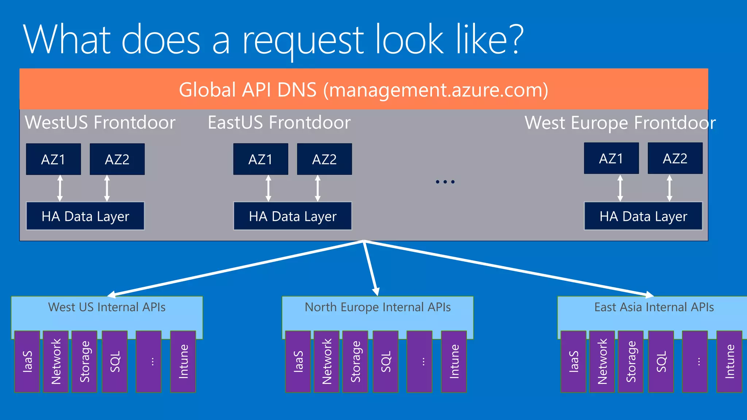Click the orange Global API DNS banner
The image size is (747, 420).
tap(363, 89)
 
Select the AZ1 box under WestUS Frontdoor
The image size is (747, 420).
tap(53, 159)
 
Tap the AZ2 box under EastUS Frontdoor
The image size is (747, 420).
tap(324, 159)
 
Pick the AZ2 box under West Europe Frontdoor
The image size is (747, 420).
tap(675, 159)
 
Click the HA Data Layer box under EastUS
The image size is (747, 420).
tap(293, 216)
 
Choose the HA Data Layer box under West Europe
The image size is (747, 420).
tap(643, 216)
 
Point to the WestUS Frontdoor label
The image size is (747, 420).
tap(100, 122)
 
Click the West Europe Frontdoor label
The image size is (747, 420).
tap(620, 123)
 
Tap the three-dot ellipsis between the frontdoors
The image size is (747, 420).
tap(445, 182)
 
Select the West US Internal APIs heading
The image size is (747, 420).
tap(107, 307)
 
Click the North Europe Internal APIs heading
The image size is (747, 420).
tap(378, 307)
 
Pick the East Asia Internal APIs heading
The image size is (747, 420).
tap(654, 307)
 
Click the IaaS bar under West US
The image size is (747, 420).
tap(27, 362)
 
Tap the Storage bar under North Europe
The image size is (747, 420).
tap(355, 362)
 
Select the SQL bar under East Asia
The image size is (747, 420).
tap(661, 362)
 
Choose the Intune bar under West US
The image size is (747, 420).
tap(183, 362)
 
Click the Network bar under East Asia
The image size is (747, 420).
tap(602, 362)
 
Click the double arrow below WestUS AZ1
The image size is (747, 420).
tap(60, 188)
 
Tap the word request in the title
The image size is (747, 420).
tap(303, 40)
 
